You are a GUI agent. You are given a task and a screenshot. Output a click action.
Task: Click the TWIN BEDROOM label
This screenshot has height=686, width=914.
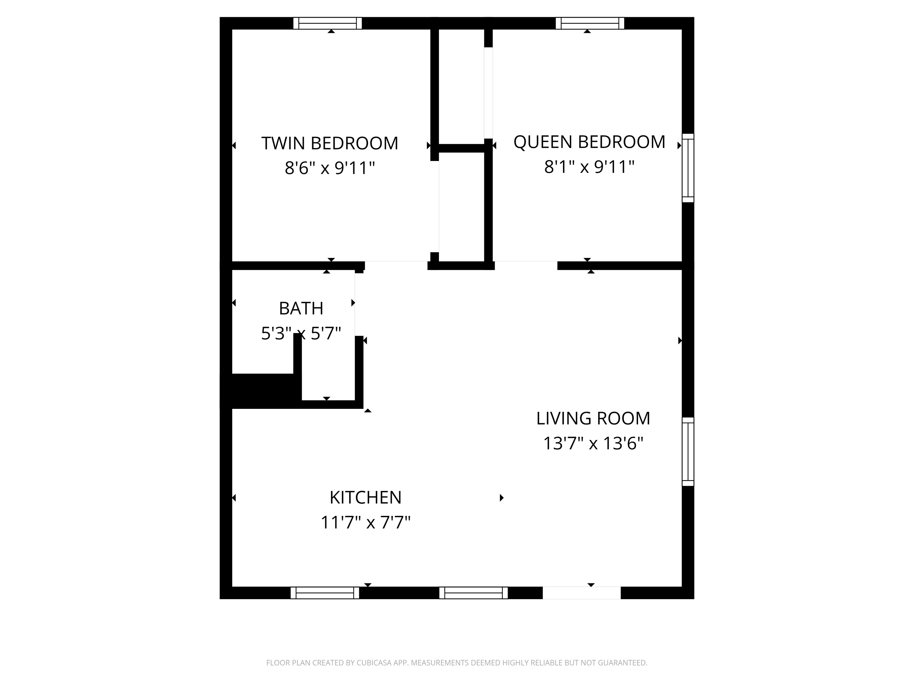pyautogui.click(x=329, y=144)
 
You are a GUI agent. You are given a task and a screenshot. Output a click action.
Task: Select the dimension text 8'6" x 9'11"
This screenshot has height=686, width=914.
pyautogui.click(x=329, y=168)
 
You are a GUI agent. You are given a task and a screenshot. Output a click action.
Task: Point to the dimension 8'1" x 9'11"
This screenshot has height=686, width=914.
pyautogui.click(x=589, y=167)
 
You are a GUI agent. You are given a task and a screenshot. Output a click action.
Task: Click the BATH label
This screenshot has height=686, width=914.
pyautogui.click(x=301, y=309)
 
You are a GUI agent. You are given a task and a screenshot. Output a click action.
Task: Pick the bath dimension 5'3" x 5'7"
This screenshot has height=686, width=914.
pyautogui.click(x=301, y=333)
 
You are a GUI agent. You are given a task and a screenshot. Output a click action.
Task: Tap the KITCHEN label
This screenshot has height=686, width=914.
pyautogui.click(x=365, y=498)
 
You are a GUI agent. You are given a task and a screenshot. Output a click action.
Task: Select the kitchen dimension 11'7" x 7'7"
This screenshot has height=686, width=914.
pyautogui.click(x=365, y=523)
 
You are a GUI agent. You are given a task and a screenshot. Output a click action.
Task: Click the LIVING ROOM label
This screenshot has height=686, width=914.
pyautogui.click(x=593, y=419)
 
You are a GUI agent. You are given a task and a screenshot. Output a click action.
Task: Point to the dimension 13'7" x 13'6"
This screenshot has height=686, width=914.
pyautogui.click(x=593, y=444)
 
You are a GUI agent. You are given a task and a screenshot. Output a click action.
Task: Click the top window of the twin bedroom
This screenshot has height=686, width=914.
pyautogui.click(x=327, y=23)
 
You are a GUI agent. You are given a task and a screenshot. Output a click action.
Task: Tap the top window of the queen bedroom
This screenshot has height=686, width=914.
pyautogui.click(x=590, y=23)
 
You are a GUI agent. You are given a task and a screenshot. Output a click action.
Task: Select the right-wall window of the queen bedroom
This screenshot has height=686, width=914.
pyautogui.click(x=688, y=168)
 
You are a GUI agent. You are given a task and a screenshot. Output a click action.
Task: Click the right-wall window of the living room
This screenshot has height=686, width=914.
pyautogui.click(x=688, y=452)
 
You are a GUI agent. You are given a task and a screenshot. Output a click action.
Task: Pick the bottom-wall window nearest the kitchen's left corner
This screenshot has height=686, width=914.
pyautogui.click(x=325, y=593)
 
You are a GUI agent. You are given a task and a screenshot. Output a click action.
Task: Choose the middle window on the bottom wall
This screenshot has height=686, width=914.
pyautogui.click(x=473, y=593)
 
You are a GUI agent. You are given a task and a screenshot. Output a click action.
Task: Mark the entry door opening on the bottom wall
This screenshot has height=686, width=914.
pyautogui.click(x=581, y=593)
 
